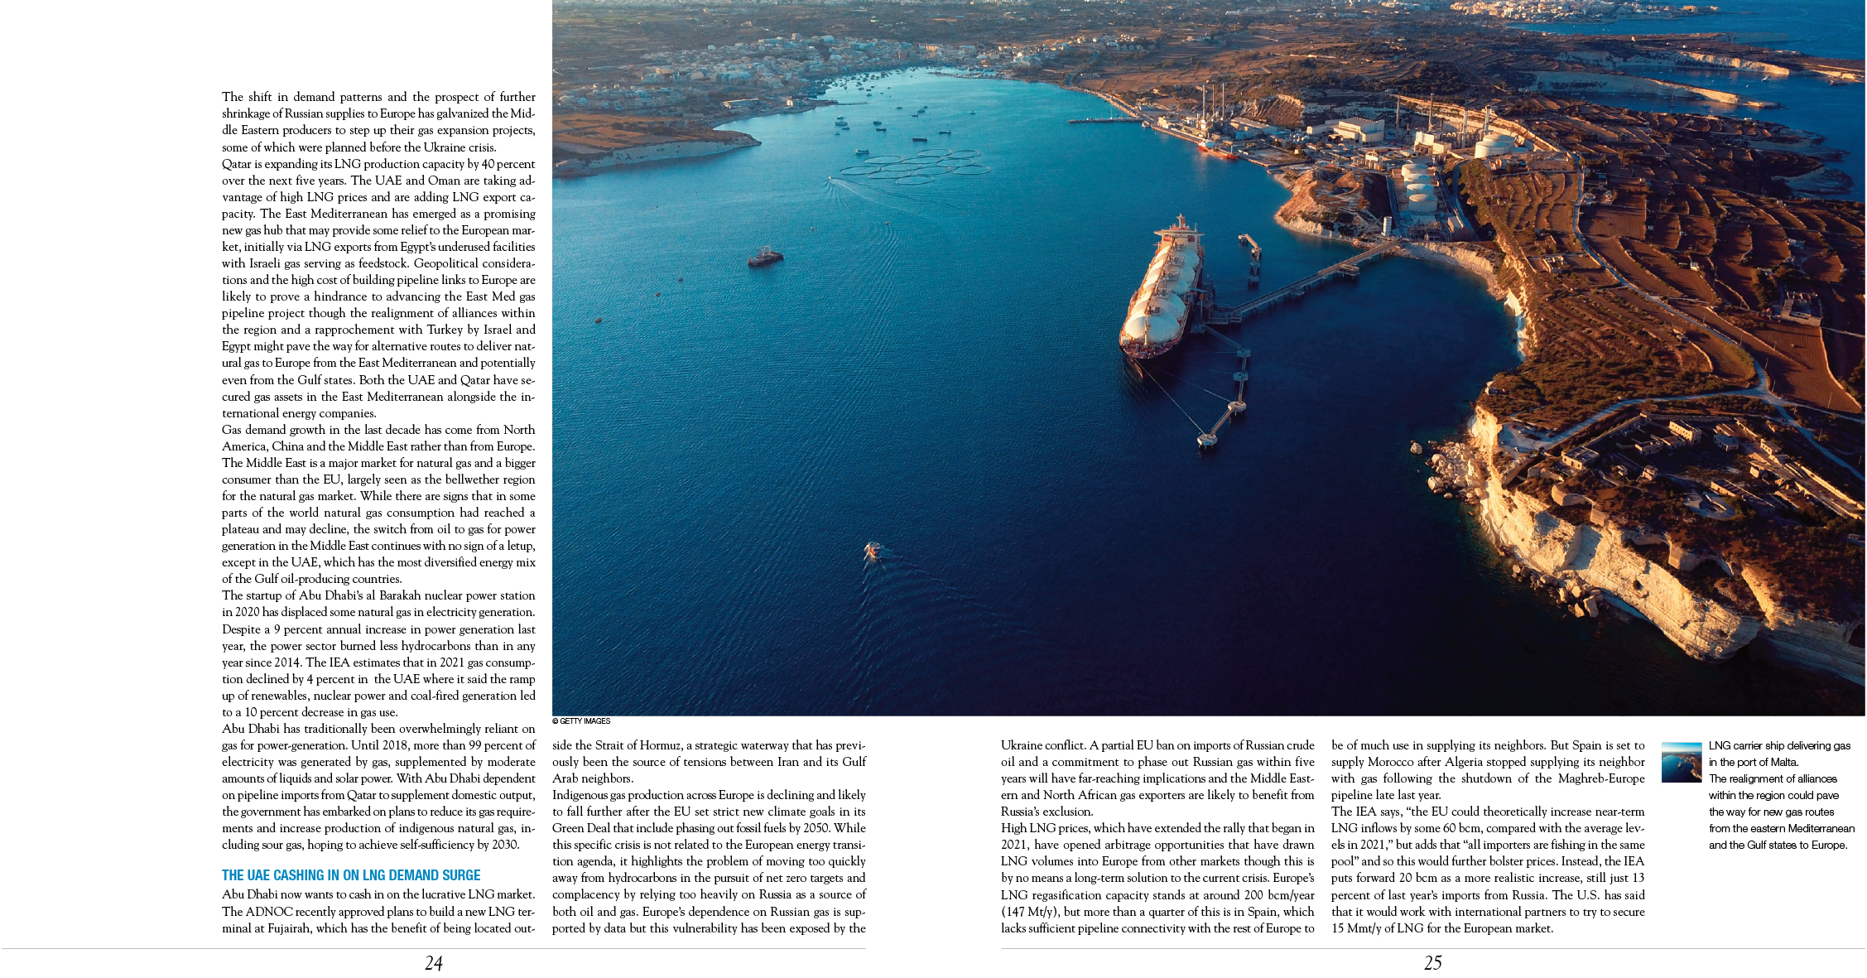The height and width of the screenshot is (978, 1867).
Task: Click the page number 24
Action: pyautogui.click(x=434, y=963)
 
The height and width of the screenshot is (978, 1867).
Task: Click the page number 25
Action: pyautogui.click(x=1432, y=963)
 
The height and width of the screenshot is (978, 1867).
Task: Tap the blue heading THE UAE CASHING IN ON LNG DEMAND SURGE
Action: pyautogui.click(x=351, y=875)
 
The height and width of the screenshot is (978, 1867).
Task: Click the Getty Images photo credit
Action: pyautogui.click(x=581, y=721)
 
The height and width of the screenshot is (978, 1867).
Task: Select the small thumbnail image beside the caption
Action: pyautogui.click(x=1682, y=762)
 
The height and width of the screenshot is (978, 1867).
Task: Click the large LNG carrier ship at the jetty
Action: pyautogui.click(x=1162, y=289)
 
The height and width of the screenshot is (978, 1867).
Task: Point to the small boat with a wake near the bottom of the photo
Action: pyautogui.click(x=872, y=551)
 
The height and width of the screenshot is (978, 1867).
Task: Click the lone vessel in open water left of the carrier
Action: pyautogui.click(x=765, y=257)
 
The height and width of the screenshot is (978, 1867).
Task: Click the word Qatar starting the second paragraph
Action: pyautogui.click(x=237, y=164)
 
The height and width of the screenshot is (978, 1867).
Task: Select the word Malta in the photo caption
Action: pyautogui.click(x=1783, y=762)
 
